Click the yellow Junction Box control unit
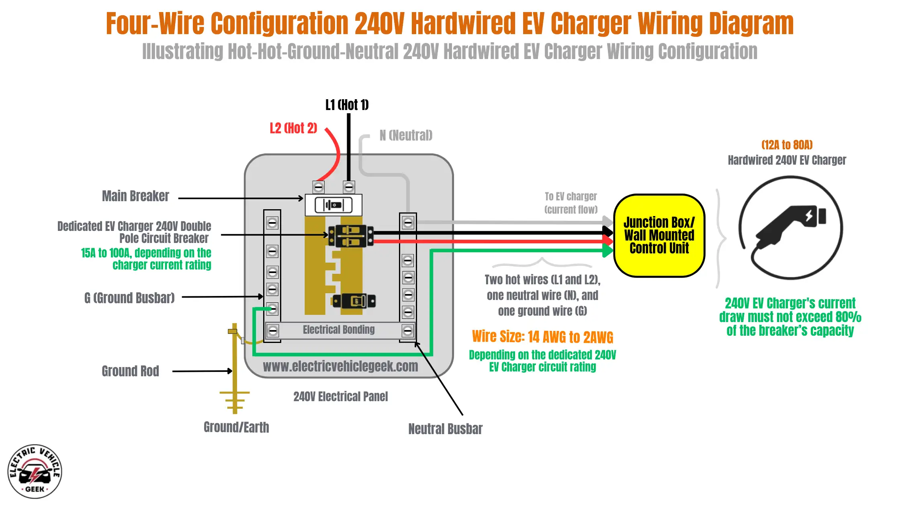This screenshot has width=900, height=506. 659,236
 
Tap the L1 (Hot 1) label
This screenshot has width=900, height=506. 347,105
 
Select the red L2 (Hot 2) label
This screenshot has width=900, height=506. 293,129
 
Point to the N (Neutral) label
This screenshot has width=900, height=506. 406,135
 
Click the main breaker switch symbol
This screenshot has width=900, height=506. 333,205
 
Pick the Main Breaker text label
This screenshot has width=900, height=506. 135,196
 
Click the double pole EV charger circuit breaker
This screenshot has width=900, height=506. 351,236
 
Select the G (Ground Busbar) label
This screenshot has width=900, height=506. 129,298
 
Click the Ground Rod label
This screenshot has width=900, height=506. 130,371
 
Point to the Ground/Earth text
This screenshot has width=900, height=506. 236,427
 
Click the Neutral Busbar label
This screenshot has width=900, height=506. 445,429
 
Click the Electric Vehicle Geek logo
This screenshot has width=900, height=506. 35,471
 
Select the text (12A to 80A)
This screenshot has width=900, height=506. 787,145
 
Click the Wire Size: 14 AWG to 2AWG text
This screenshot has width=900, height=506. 542,337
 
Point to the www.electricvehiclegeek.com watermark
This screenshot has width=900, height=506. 340,366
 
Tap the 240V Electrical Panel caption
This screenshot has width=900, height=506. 340,397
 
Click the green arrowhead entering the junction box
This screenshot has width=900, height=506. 608,251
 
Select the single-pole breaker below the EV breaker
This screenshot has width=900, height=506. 354,301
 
